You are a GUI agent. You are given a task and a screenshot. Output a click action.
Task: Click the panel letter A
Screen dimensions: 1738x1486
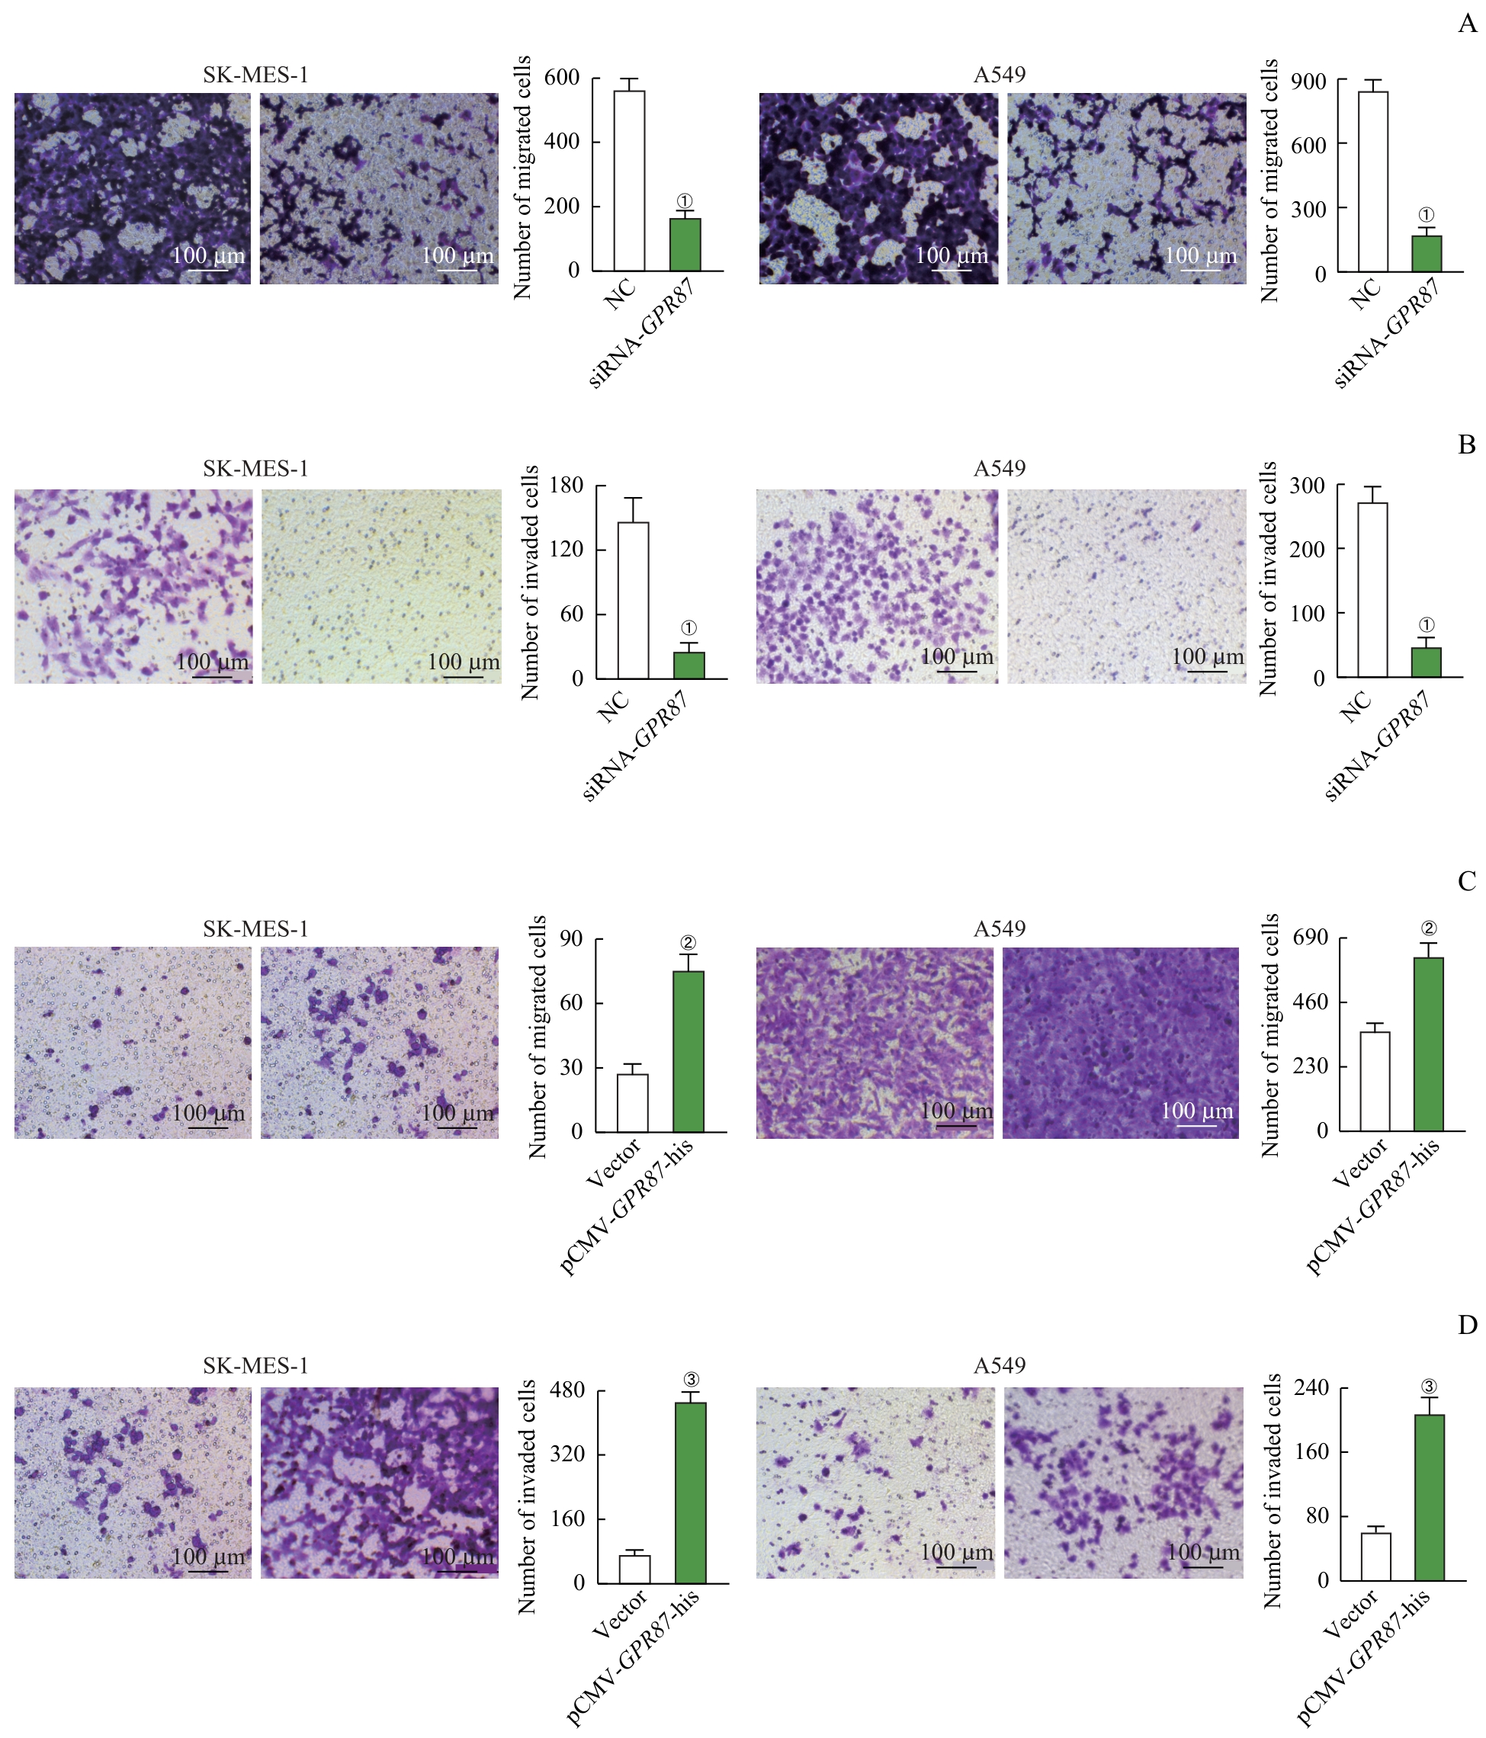coord(1467,24)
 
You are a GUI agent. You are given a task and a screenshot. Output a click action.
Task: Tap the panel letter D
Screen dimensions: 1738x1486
coord(1467,1325)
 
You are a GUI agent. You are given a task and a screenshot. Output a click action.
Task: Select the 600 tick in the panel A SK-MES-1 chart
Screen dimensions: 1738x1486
coord(562,78)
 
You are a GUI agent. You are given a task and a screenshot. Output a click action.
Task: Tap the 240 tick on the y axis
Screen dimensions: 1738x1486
coord(1311,1388)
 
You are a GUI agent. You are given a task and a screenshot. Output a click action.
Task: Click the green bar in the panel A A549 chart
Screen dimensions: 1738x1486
coord(1427,253)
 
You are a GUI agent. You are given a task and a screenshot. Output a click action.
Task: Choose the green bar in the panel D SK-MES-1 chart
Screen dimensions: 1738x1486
coord(691,1493)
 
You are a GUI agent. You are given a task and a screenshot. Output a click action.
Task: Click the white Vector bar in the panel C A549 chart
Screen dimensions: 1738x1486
coord(1375,1081)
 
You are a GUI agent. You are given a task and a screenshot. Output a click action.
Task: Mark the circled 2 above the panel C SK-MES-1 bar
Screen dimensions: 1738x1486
coord(689,943)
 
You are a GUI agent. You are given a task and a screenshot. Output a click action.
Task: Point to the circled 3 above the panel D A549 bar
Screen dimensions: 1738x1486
coord(1430,1387)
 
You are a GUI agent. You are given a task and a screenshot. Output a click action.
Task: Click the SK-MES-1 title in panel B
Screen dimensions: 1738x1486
coord(255,468)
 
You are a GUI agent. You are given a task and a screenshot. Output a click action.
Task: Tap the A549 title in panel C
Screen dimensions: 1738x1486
coord(999,928)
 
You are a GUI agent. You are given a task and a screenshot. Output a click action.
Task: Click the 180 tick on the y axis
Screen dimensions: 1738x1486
coord(566,486)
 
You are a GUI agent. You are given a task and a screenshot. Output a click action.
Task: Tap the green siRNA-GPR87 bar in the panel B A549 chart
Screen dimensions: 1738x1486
coord(1427,662)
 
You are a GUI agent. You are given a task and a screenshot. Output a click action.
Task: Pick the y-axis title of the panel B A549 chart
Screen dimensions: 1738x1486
coord(1269,579)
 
